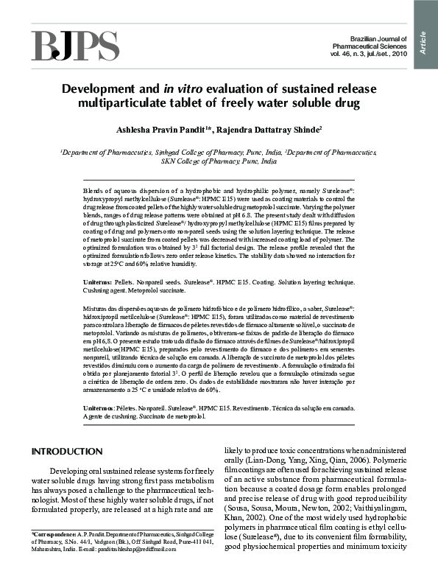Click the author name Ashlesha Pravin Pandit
pyautogui.click(x=165, y=130)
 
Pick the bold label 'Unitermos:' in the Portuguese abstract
pyautogui.click(x=100, y=407)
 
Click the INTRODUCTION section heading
pyautogui.click(x=66, y=451)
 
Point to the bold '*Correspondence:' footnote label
pyautogui.click(x=52, y=532)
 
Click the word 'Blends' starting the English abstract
pyautogui.click(x=94, y=190)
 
